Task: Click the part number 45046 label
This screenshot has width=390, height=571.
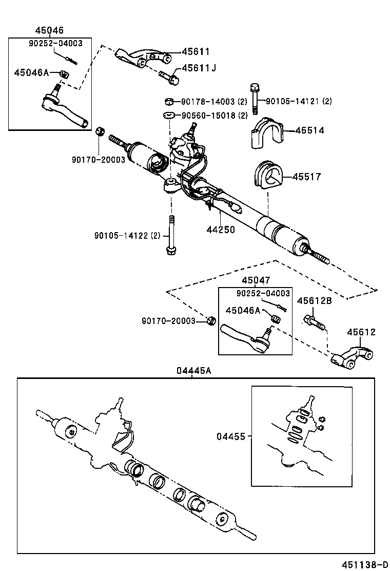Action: coord(50,31)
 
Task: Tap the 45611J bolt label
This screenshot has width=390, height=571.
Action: coord(198,68)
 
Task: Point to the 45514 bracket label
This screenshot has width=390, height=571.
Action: coord(309,130)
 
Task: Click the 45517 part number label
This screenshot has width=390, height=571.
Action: coord(306,177)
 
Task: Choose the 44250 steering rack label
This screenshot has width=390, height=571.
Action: coord(221,230)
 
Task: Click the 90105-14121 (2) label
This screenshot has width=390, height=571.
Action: coord(299,101)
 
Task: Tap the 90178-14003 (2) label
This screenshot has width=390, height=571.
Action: coord(215,102)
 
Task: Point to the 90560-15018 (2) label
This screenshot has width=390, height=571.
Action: coord(215,115)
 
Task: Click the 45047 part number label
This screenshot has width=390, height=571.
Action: coord(255,280)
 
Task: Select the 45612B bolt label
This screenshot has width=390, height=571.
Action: coord(314,301)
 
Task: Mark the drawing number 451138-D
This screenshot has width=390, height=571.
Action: coord(365,564)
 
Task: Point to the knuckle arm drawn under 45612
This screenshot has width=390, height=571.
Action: coord(352,358)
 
